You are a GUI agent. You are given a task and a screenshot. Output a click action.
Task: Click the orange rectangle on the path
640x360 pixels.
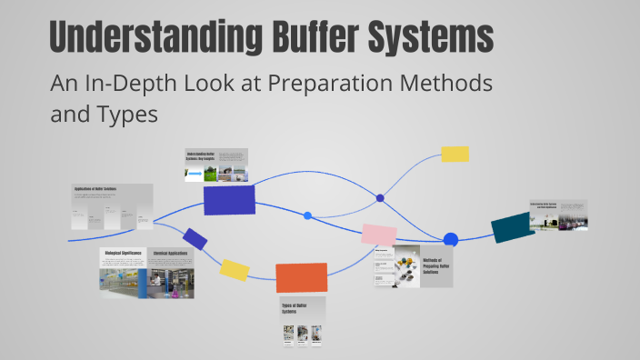point(302,277)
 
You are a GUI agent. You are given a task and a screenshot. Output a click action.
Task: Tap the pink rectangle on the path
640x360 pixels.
point(379,235)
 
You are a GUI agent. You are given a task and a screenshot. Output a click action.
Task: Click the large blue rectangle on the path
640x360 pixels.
point(229,200)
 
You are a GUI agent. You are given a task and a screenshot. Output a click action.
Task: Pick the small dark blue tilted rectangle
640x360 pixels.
point(195,239)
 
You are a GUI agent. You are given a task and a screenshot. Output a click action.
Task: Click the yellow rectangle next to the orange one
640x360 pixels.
point(235,269)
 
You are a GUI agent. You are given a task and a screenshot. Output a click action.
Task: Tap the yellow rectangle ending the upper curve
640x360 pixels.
point(455,154)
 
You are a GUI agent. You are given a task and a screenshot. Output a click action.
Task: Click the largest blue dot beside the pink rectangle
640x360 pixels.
point(450,240)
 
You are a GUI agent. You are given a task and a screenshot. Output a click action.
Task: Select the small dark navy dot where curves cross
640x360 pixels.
point(380,198)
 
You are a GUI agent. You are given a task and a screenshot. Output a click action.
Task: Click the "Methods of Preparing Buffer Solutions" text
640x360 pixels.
point(435,266)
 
